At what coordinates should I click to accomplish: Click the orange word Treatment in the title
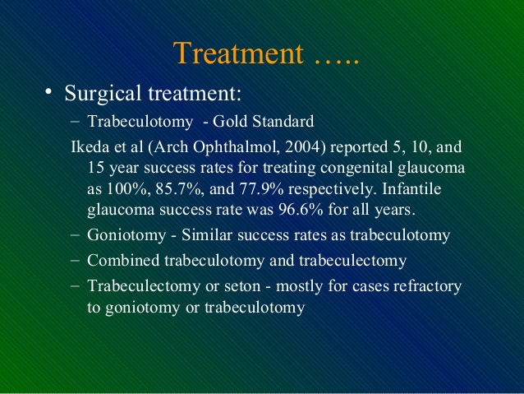click(x=238, y=53)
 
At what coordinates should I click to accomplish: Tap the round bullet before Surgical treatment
click(x=48, y=91)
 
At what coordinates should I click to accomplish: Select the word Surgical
click(x=103, y=94)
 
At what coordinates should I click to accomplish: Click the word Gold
click(x=230, y=121)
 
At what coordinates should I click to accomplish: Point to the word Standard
click(x=283, y=121)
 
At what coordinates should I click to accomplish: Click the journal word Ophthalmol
click(x=237, y=147)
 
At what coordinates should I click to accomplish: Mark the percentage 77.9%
click(x=261, y=189)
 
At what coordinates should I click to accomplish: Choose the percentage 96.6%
click(x=301, y=210)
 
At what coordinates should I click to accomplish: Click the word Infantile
click(x=411, y=188)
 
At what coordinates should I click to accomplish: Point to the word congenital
click(x=356, y=169)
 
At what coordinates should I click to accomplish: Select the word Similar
click(x=207, y=234)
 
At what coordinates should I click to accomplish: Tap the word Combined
click(x=123, y=260)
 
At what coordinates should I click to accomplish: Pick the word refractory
click(x=427, y=287)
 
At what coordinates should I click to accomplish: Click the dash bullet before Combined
click(x=76, y=260)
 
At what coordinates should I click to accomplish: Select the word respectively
click(x=332, y=190)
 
